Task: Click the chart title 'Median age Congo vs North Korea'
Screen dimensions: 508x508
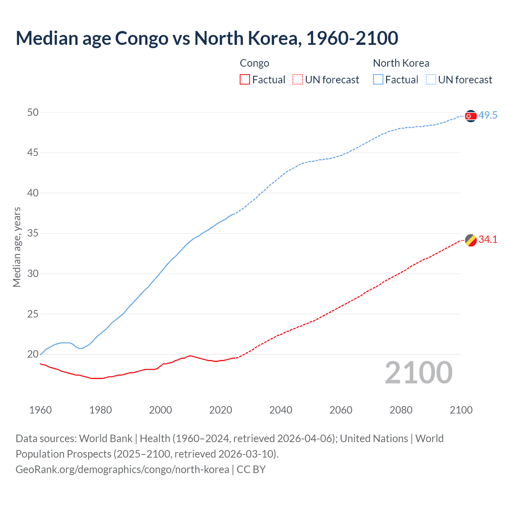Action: coord(206,38)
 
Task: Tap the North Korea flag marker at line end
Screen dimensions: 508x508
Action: coord(470,116)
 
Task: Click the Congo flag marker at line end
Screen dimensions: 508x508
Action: coord(470,240)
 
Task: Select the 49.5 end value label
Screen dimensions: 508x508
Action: coord(488,115)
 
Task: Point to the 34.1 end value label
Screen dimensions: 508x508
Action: coord(488,239)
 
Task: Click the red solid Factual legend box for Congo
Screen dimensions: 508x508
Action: coord(245,80)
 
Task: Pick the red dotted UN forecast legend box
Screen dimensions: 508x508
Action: coord(298,80)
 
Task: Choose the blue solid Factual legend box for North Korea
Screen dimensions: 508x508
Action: coord(378,80)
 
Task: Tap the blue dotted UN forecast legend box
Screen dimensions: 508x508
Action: coord(431,80)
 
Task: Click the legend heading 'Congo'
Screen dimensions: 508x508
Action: coord(254,63)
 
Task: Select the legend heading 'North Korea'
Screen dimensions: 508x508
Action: coord(401,63)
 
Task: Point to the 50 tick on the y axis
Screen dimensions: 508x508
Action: coord(33,113)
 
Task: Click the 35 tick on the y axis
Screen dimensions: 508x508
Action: coord(33,233)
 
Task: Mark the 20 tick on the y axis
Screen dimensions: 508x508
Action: coord(33,354)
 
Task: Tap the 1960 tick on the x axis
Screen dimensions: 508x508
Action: coord(40,410)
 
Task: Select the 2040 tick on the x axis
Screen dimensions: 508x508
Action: coord(281,410)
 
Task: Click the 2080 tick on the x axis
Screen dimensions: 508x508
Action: coord(401,410)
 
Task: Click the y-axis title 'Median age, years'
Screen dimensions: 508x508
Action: coord(17,247)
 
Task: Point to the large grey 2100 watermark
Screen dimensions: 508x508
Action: coord(418,373)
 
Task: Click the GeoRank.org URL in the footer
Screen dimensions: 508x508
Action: coord(122,470)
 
